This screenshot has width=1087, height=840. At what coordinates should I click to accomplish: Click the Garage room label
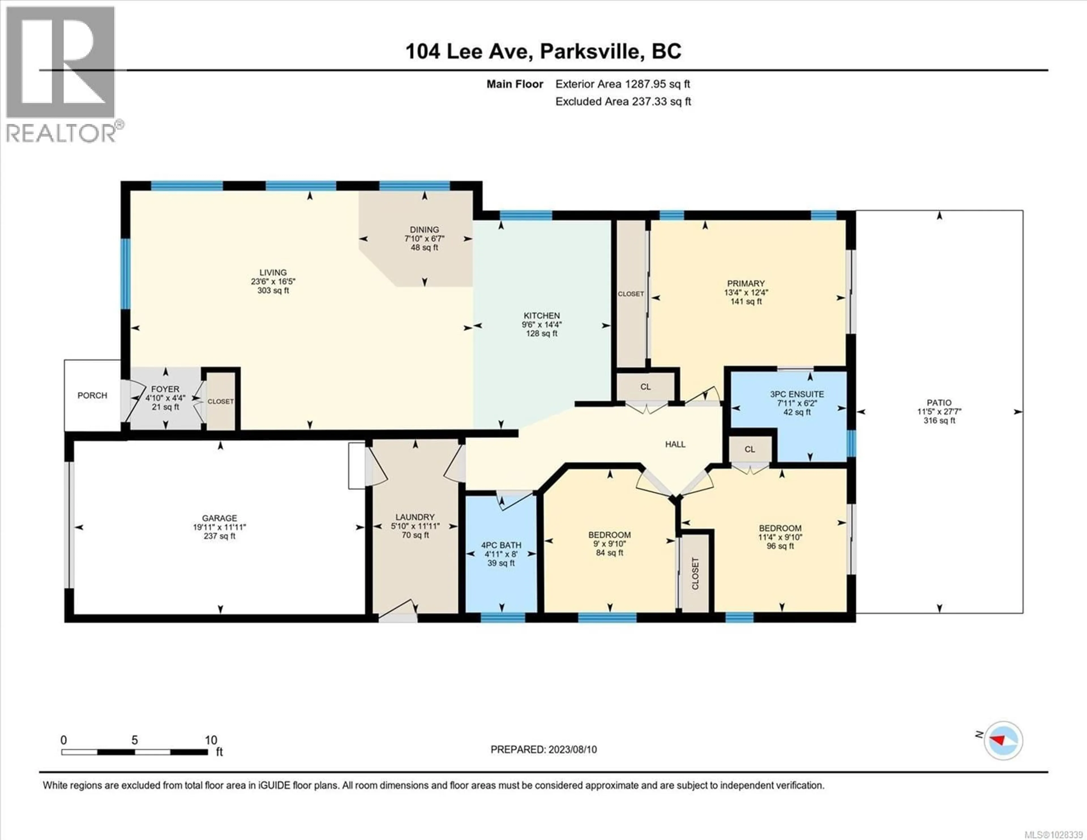tap(219, 518)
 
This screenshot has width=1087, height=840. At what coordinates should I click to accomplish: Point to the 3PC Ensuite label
tap(797, 394)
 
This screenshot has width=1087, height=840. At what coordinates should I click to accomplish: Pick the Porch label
tap(92, 395)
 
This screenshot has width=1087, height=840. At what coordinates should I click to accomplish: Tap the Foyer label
tap(165, 389)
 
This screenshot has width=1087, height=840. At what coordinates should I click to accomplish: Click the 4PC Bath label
tap(501, 545)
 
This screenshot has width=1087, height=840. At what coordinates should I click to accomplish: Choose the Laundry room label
tap(415, 517)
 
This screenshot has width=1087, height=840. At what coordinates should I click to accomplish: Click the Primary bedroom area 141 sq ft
tap(746, 301)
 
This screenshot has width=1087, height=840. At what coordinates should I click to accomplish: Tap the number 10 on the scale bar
tap(211, 740)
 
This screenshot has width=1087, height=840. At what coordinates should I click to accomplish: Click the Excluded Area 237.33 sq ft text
tap(623, 102)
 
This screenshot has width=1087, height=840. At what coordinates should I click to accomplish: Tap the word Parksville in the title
tap(590, 51)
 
